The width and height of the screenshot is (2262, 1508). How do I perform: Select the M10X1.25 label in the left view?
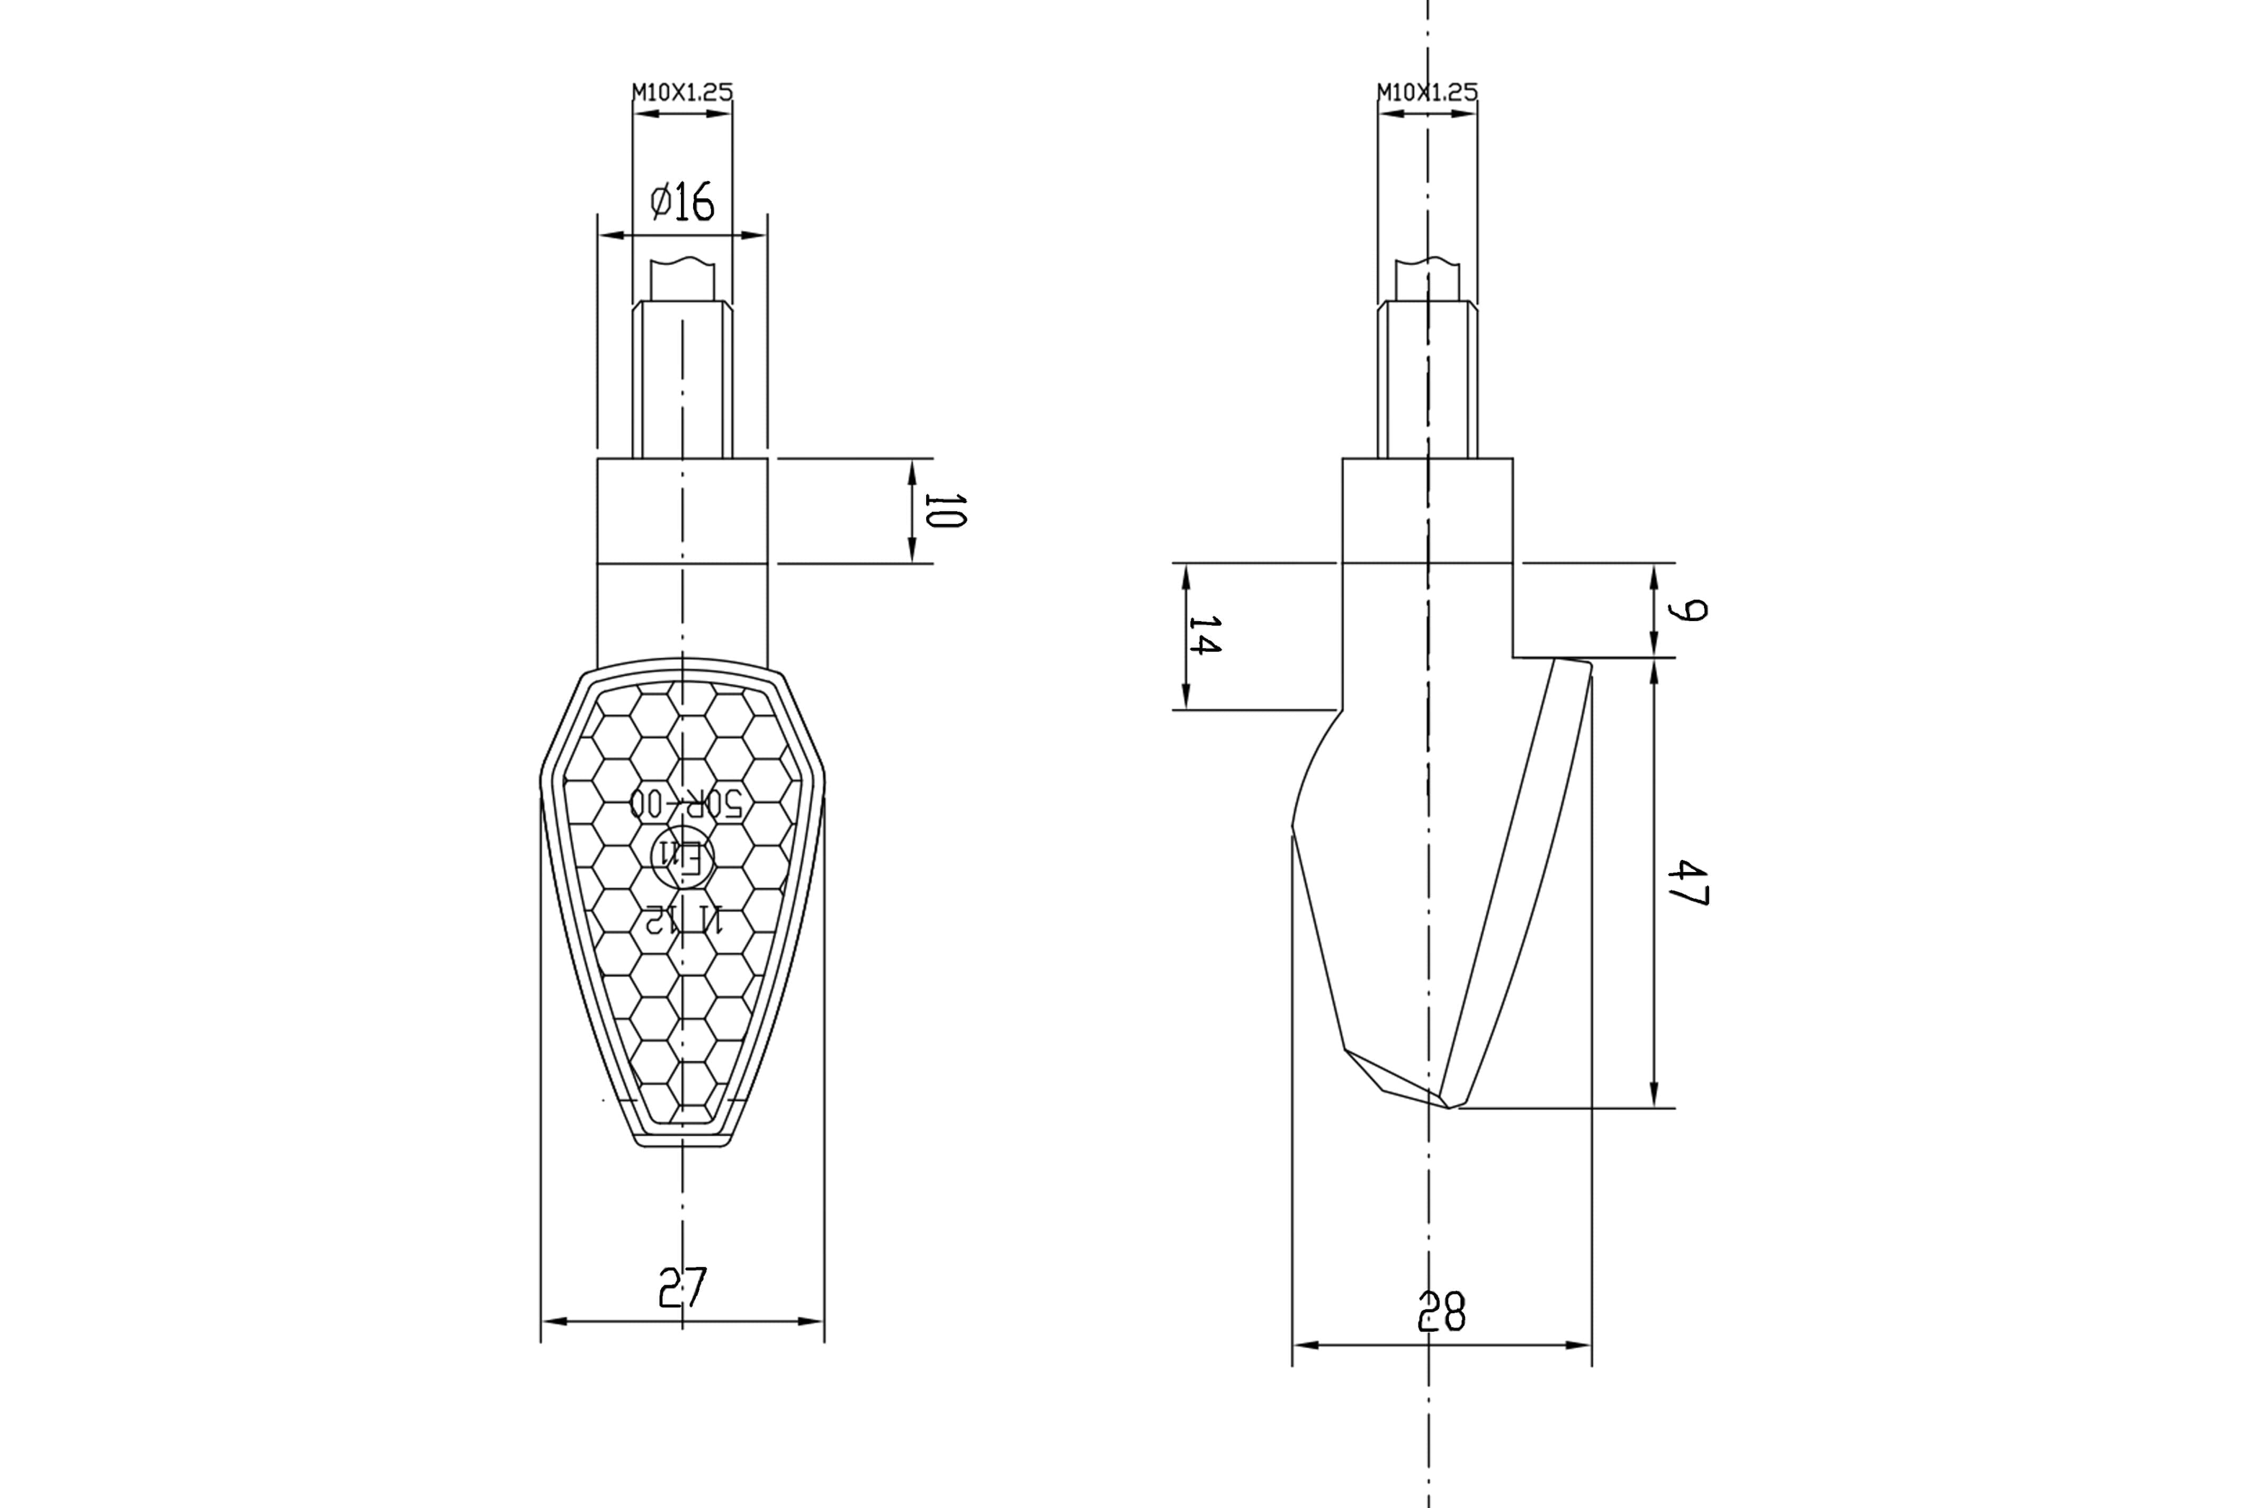click(x=682, y=92)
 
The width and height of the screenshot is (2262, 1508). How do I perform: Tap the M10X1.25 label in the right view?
click(x=1427, y=92)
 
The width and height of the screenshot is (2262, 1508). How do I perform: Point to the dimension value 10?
click(x=945, y=510)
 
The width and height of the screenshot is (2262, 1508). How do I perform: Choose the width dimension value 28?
click(x=1442, y=1311)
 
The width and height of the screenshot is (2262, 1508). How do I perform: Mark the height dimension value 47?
click(x=1688, y=883)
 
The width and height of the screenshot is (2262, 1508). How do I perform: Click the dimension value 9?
click(x=1688, y=611)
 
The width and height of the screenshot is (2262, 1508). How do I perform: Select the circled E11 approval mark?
click(x=683, y=855)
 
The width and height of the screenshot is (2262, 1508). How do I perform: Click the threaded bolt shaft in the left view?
click(x=682, y=380)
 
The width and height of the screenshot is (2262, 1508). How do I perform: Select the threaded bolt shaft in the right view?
click(x=1427, y=380)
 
